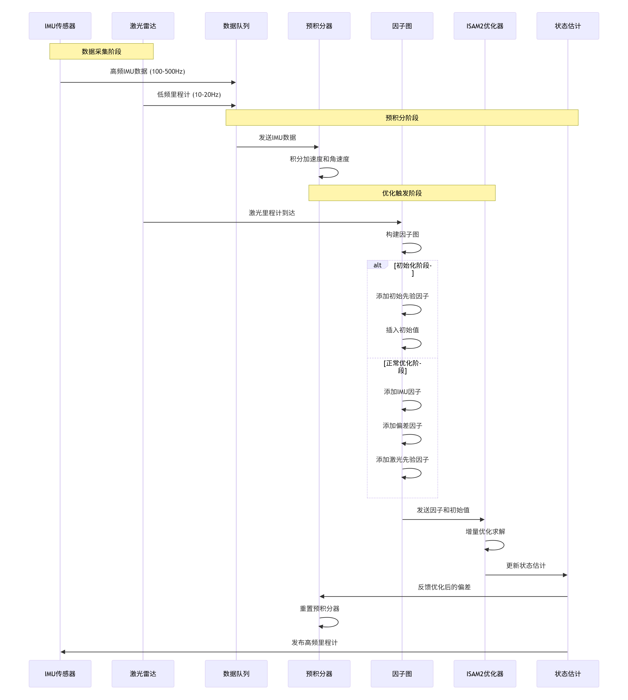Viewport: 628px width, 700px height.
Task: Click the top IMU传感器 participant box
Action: point(60,26)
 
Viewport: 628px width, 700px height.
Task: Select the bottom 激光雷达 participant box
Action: point(143,674)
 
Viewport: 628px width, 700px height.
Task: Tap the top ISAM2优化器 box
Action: point(485,26)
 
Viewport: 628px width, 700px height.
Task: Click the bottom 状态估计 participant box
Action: point(568,674)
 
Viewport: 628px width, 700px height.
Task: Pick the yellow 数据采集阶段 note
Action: point(101,51)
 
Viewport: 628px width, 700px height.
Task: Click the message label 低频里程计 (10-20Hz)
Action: point(189,94)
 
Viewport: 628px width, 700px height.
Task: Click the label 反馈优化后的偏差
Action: point(444,587)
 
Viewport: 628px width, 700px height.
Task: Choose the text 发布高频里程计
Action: point(314,642)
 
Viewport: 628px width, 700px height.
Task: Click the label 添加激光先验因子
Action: point(402,459)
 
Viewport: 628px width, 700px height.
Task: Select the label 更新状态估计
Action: point(526,566)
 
